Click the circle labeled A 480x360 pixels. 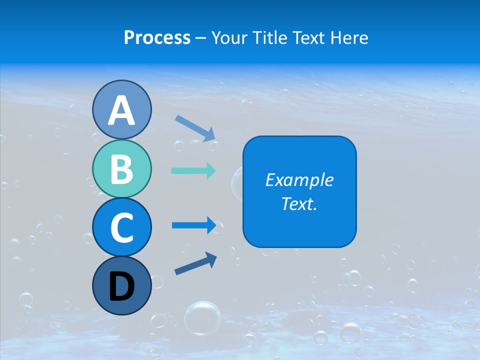click(x=121, y=109)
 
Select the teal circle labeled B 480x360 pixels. click(x=121, y=168)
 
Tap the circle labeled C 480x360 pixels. click(x=121, y=227)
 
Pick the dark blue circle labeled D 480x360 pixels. click(x=121, y=285)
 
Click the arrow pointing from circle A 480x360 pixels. click(x=195, y=128)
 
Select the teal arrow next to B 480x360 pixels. click(x=193, y=170)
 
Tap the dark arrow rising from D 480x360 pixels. click(x=195, y=263)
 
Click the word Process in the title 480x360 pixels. click(x=157, y=37)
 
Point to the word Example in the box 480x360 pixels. click(x=299, y=180)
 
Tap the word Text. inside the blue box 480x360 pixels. click(x=299, y=203)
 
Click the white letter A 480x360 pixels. click(x=121, y=110)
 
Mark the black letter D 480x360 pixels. click(x=121, y=286)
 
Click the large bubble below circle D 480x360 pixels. click(x=202, y=317)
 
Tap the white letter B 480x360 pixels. click(x=121, y=169)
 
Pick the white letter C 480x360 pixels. click(x=121, y=227)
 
